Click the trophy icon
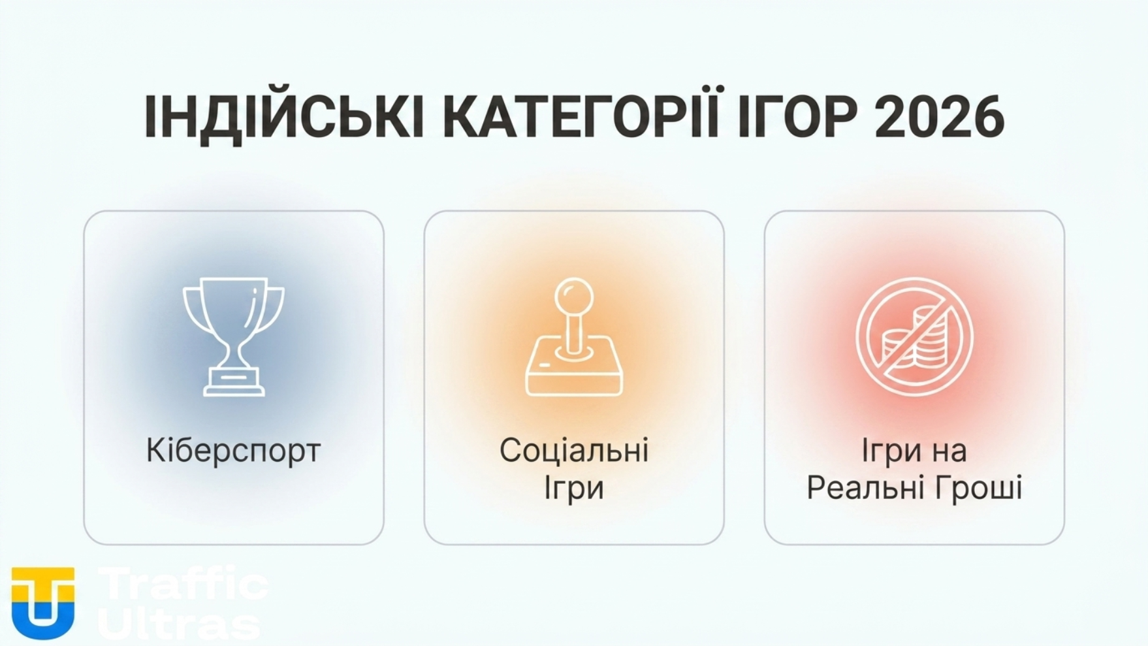[233, 336]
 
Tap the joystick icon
[574, 336]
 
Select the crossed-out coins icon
[914, 336]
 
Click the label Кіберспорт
[233, 451]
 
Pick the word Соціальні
[574, 451]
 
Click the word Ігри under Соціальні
[574, 488]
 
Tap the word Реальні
[862, 488]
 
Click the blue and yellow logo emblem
[43, 602]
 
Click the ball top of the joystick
[574, 296]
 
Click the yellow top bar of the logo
[43, 575]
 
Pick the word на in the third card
[951, 451]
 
